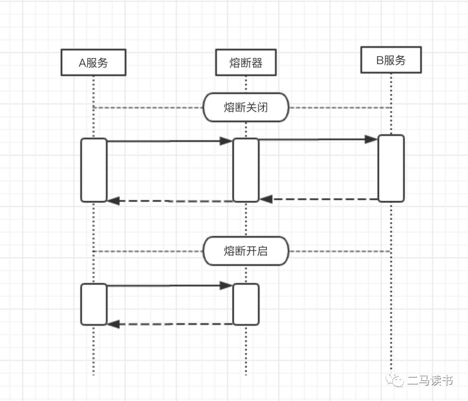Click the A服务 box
tap(93, 62)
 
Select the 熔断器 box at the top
tap(246, 62)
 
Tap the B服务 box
tap(391, 60)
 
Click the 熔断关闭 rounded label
tap(246, 107)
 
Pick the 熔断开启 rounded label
tap(246, 251)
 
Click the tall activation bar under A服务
tap(94, 170)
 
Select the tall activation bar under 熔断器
tap(246, 170)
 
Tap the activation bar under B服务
tap(391, 168)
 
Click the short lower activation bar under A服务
tap(94, 304)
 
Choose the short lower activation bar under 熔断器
tap(246, 304)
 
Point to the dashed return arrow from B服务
tap(319, 199)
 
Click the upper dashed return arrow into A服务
tap(170, 201)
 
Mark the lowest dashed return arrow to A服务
tap(170, 324)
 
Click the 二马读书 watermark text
tap(430, 381)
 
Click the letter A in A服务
tap(82, 63)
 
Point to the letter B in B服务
tap(380, 60)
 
